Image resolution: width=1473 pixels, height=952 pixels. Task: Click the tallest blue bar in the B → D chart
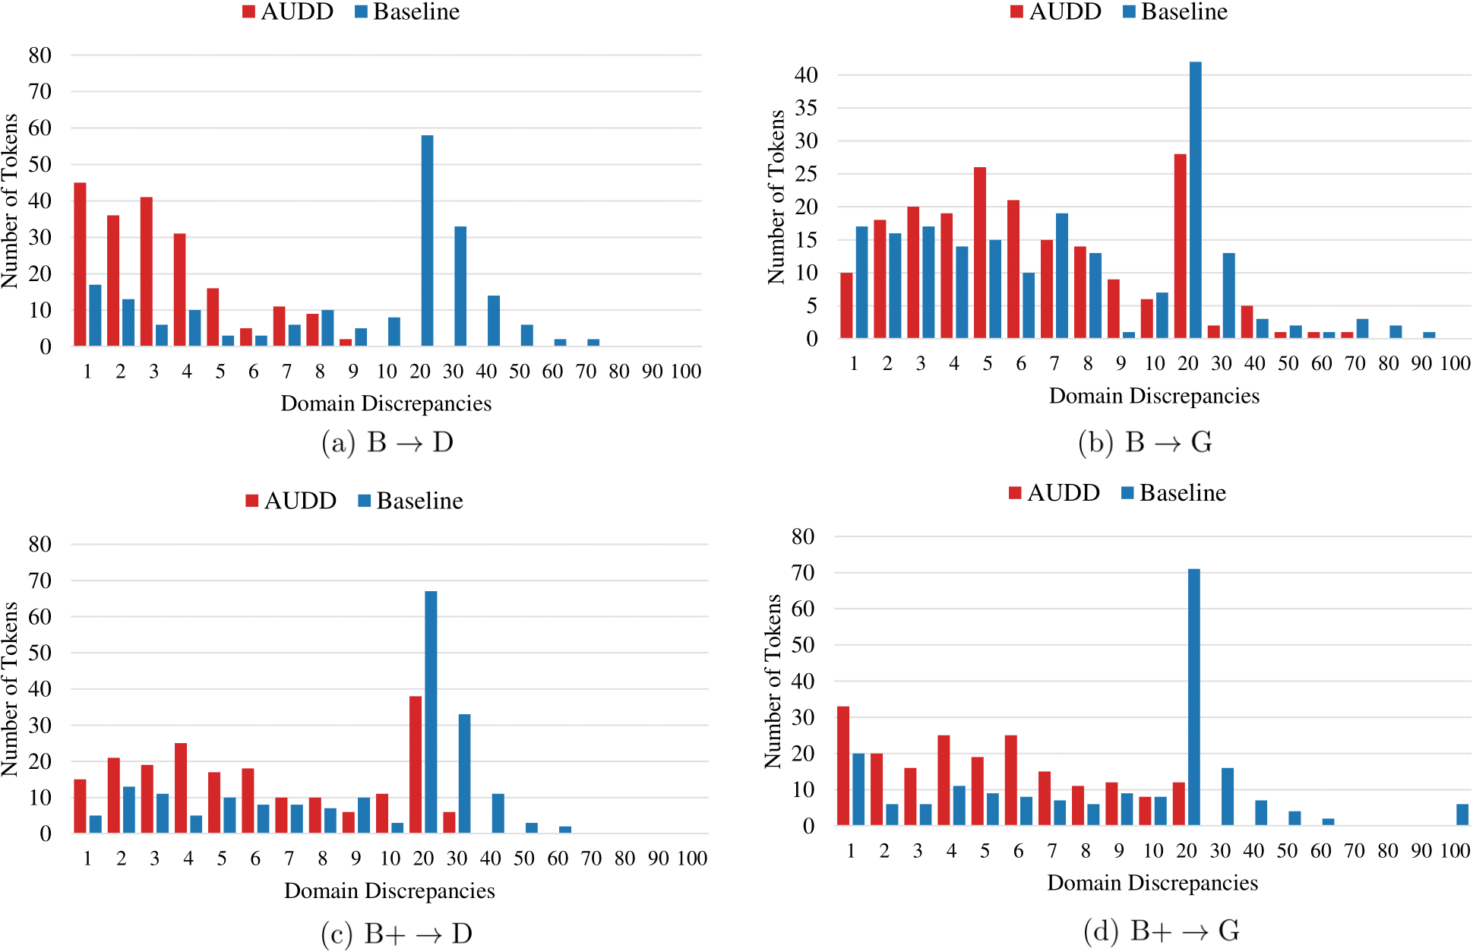[x=427, y=241]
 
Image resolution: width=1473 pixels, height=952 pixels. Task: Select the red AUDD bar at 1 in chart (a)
[x=80, y=264]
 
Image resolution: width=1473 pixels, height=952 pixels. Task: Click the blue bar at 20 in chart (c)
[x=431, y=712]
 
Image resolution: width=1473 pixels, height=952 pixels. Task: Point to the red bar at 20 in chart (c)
[x=416, y=764]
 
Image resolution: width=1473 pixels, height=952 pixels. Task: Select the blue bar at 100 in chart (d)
[x=1462, y=814]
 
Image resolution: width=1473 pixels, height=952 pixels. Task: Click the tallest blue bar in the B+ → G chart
[x=1193, y=697]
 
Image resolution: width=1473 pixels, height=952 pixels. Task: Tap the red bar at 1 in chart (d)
[x=843, y=766]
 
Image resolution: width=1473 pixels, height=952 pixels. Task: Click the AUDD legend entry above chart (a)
[x=289, y=12]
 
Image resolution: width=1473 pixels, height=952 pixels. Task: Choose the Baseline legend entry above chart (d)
[x=1174, y=493]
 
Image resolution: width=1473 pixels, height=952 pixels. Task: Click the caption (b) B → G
[x=1145, y=442]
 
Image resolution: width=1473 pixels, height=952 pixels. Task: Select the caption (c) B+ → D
[x=397, y=933]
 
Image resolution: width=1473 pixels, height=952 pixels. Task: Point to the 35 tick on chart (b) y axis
[x=806, y=108]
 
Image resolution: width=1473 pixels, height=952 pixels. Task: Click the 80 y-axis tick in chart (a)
[x=40, y=55]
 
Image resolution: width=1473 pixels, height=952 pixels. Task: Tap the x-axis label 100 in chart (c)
[x=692, y=859]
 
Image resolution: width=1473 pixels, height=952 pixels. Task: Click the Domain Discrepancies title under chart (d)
[x=1152, y=883]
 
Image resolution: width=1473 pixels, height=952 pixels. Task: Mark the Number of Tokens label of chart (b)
[x=776, y=197]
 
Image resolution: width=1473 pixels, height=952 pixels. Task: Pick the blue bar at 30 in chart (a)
[x=460, y=286]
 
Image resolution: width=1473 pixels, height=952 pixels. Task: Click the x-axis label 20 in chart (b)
[x=1188, y=364]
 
